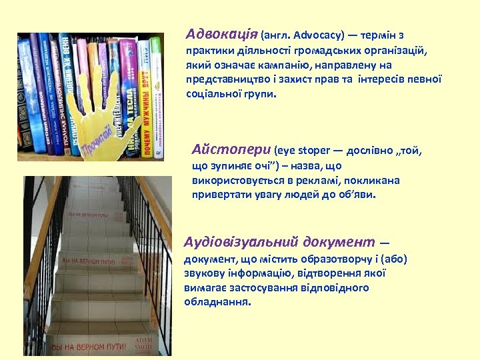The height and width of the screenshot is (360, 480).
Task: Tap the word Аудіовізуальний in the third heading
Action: click(x=241, y=241)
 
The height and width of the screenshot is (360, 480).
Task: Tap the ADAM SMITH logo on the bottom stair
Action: click(x=143, y=343)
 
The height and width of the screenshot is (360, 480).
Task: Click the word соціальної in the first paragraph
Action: click(x=211, y=94)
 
